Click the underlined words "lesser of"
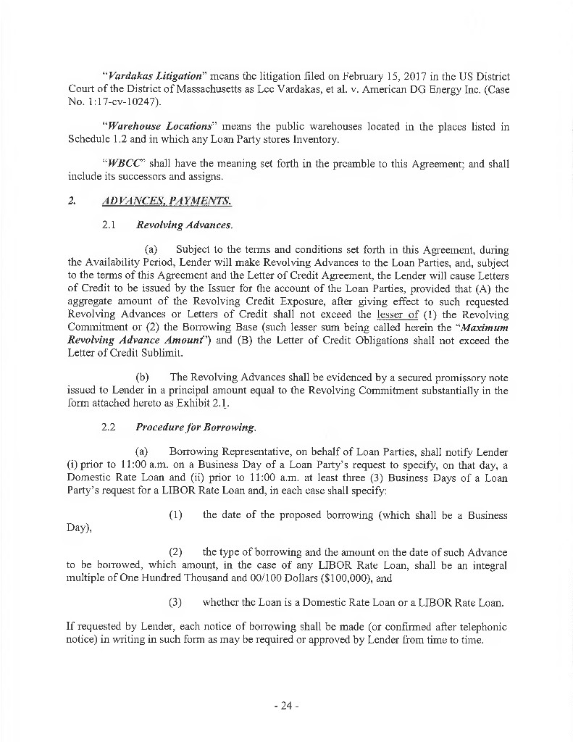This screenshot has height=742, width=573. (398, 315)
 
